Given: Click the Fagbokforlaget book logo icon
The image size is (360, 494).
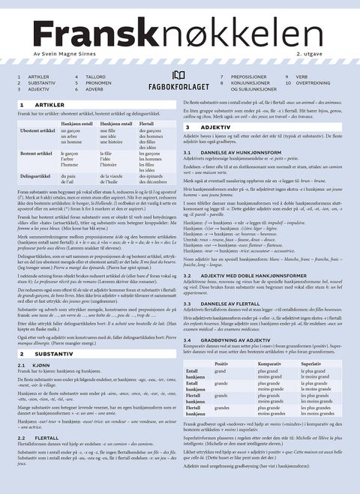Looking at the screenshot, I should [x=177, y=74].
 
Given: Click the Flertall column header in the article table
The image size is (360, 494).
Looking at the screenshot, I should [x=147, y=123].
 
